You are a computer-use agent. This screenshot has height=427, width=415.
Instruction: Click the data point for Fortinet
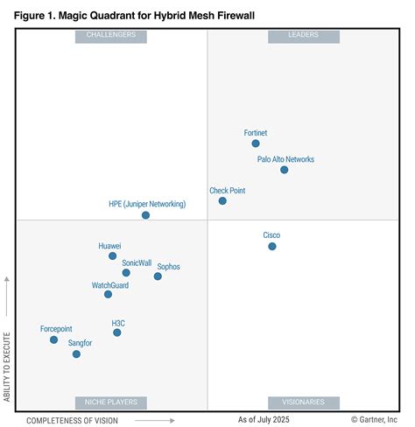(256, 143)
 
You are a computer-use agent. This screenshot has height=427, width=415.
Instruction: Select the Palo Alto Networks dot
(285, 170)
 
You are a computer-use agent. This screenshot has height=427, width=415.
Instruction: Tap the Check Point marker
(222, 200)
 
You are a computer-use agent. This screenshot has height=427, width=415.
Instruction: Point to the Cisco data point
(272, 247)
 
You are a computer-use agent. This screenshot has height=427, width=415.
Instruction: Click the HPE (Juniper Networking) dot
(145, 215)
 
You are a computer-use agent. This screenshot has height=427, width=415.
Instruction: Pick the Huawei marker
(112, 256)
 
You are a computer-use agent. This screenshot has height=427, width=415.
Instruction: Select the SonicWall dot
(126, 273)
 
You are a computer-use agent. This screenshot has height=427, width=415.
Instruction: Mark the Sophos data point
(158, 276)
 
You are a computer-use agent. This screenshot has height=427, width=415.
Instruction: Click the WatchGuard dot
(108, 295)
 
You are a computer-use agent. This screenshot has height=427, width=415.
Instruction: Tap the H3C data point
(117, 332)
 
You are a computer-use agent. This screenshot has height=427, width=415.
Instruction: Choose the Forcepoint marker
(53, 339)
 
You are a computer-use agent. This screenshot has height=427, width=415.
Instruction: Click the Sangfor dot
(76, 354)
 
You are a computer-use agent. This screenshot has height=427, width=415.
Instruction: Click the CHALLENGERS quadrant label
(111, 36)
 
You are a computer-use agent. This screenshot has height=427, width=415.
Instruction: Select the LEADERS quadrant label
(303, 36)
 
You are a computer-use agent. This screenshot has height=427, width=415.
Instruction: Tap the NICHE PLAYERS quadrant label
(111, 402)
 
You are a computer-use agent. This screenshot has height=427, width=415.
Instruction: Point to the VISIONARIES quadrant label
(303, 402)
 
